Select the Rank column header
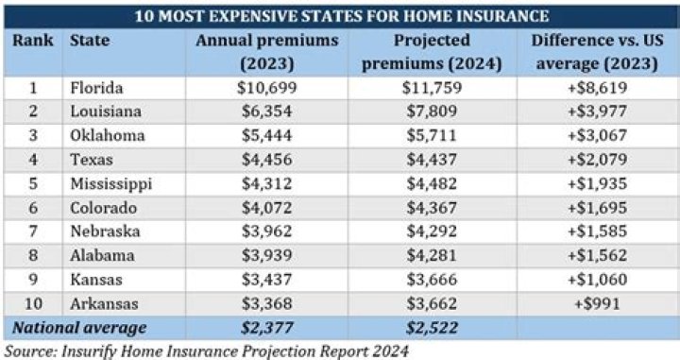pyautogui.click(x=31, y=41)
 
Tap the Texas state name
pyautogui.click(x=91, y=160)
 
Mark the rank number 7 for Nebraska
pyautogui.click(x=32, y=231)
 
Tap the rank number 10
pyautogui.click(x=32, y=304)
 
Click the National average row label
pyautogui.click(x=78, y=328)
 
